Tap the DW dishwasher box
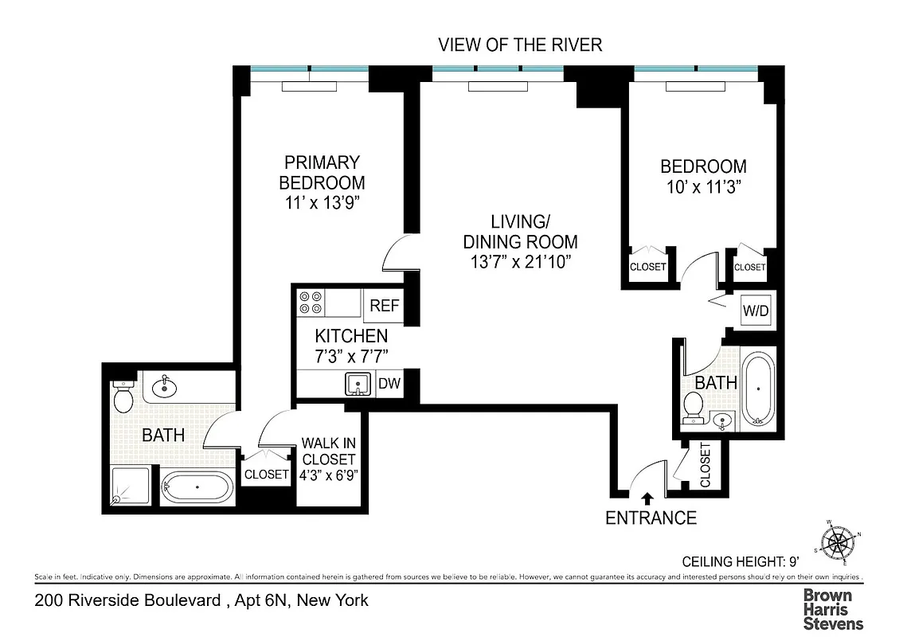389,384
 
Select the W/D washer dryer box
756,310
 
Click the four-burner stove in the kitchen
311,303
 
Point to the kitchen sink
359,385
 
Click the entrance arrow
647,498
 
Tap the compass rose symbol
838,543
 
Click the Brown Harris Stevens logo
832,609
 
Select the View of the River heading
520,45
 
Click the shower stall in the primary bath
128,485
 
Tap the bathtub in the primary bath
197,487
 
